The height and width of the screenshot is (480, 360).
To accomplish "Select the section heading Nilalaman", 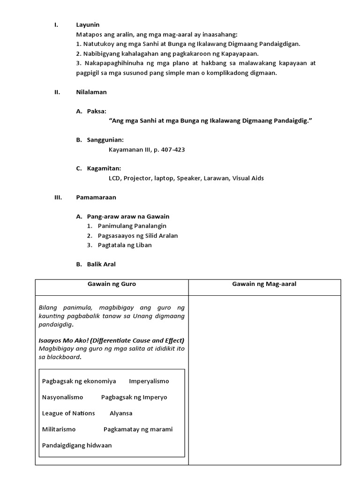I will click(91, 92).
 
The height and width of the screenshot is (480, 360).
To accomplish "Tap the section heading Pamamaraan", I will click(96, 197).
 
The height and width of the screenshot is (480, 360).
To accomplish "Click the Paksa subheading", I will click(97, 111).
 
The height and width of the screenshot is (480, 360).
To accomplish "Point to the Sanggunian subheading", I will click(105, 140).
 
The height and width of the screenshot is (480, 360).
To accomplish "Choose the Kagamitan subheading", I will click(104, 168).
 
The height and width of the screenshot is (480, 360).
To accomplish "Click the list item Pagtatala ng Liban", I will click(125, 245).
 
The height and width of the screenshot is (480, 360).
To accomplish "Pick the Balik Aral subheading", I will click(101, 264).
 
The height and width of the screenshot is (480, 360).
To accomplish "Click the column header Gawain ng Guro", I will click(112, 284).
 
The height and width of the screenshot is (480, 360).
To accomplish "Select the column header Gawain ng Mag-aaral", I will click(264, 284).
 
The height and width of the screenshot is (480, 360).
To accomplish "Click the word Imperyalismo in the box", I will click(149, 381).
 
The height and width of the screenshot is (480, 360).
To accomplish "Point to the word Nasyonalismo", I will click(62, 397).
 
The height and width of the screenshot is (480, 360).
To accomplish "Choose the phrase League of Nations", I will click(68, 413).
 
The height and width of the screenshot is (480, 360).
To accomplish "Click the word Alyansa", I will click(121, 413).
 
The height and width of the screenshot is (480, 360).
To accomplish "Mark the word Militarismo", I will click(59, 429).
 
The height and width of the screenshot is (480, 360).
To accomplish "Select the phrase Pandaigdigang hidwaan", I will click(77, 445).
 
